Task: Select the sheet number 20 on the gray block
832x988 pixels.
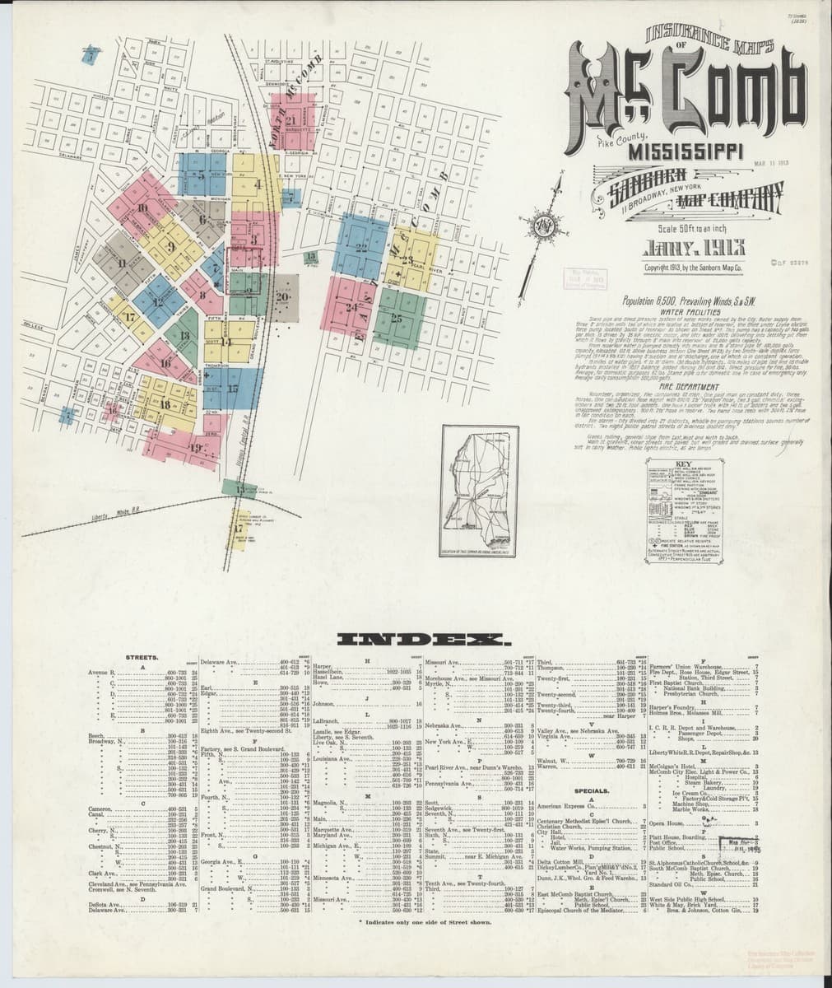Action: pos(283,296)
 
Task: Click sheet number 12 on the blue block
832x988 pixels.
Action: pos(158,301)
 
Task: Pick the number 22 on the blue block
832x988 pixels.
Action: pos(360,246)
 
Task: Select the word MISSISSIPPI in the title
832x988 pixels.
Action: pos(685,152)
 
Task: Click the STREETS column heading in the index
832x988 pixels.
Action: pos(142,657)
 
